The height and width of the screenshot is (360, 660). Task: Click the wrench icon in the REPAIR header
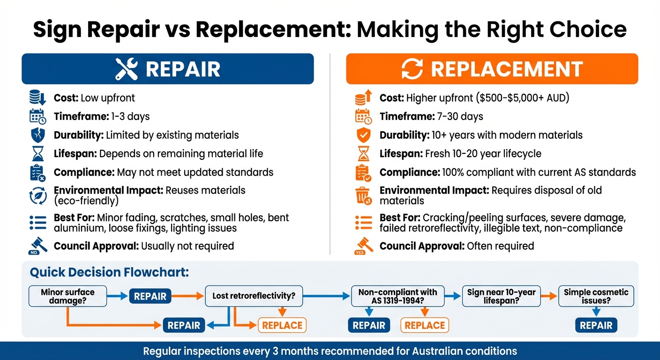coord(127,69)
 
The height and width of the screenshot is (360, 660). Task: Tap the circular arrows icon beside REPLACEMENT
coord(412,69)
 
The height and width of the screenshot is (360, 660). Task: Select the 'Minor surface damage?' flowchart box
coord(68,296)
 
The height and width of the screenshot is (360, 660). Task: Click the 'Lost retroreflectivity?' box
coord(254,296)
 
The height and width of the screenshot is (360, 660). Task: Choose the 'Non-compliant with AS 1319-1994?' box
coord(397,296)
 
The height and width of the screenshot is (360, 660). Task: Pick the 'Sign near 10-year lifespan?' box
coord(501,296)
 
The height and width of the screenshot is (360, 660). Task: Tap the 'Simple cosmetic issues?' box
coord(596,296)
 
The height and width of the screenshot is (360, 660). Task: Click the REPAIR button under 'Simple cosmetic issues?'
coord(596,325)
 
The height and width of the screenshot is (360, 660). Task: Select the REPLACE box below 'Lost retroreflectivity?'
coord(282,325)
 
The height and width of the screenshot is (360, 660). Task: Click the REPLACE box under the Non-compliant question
coord(425,325)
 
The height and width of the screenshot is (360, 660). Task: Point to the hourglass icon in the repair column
coord(37,153)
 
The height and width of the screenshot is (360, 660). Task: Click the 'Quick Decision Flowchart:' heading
coord(109,272)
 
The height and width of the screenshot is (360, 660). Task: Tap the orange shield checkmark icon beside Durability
coord(363,135)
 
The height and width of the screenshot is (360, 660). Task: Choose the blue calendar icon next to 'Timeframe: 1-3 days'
coord(37,116)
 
